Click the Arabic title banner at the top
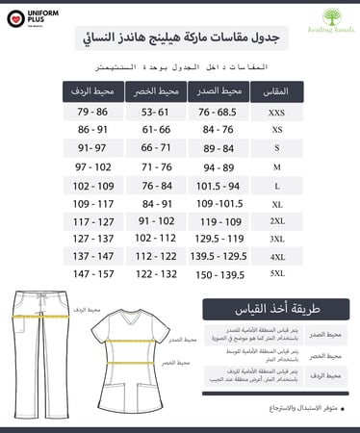(179, 38)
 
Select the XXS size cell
(276, 112)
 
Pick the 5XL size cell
(276, 274)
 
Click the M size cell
(276, 166)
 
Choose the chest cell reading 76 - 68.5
(217, 112)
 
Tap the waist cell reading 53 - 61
(155, 112)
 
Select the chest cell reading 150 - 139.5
(217, 274)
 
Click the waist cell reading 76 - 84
(155, 184)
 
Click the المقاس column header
(276, 91)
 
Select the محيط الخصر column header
(155, 91)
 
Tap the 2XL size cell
(276, 220)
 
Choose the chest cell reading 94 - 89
(217, 166)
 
